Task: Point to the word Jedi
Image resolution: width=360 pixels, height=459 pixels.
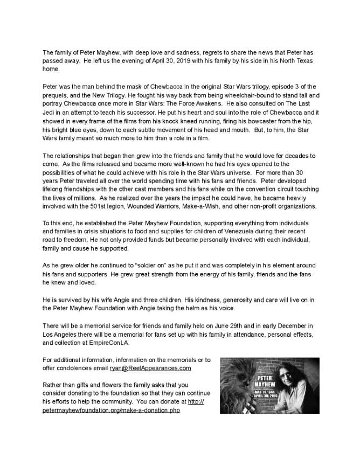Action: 49,112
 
